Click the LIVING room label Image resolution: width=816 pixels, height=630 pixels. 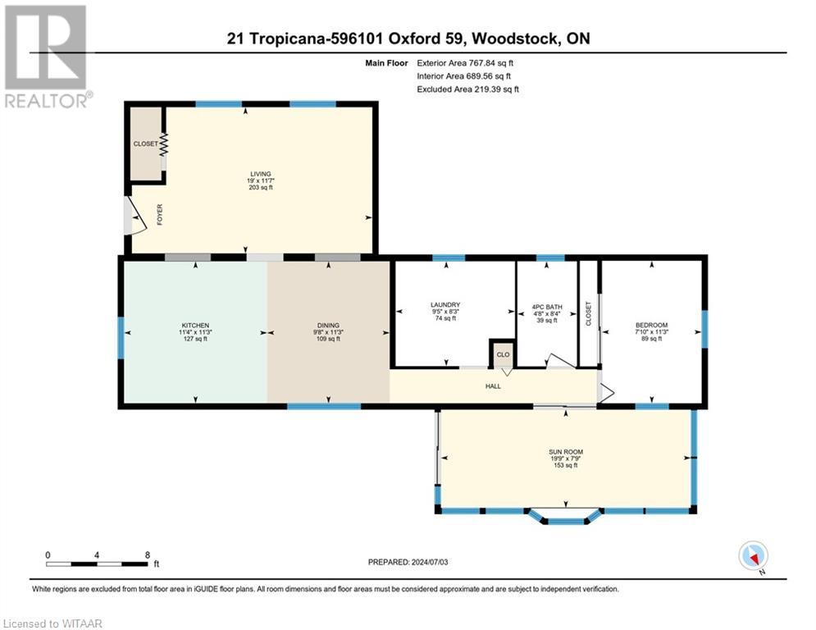coord(261,174)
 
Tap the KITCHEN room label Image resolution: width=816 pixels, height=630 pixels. coord(195,326)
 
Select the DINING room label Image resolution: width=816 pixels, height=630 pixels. coord(328,326)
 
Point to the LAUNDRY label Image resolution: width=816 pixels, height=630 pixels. coord(445,304)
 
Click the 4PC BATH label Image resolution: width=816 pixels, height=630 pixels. coord(547,307)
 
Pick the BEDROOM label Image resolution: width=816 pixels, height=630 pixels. coord(651,325)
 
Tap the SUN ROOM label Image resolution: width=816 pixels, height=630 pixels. coord(566,452)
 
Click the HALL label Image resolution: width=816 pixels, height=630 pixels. coord(493,386)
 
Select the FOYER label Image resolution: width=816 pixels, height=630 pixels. coord(160,215)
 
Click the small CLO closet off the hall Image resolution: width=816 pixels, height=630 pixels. coord(503,354)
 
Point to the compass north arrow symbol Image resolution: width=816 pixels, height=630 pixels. coord(753,556)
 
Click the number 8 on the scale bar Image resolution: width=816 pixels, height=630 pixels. coord(148,555)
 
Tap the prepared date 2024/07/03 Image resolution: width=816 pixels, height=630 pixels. coord(430,562)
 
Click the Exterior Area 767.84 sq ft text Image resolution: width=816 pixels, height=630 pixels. coord(465,63)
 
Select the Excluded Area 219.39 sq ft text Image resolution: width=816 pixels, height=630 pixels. coord(467,89)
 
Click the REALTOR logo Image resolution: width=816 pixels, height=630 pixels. coord(47,57)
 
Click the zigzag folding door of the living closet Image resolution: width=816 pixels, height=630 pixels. coord(164,144)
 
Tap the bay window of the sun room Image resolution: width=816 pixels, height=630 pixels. coord(565,516)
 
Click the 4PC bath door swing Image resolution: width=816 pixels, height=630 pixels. coord(560,361)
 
